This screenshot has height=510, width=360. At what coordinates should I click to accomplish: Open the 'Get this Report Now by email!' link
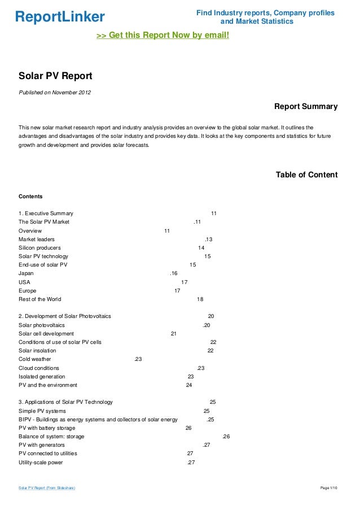[x=163, y=35]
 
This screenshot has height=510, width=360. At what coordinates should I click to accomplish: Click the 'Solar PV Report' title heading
[x=55, y=76]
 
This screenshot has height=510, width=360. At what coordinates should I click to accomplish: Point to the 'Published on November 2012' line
[x=55, y=92]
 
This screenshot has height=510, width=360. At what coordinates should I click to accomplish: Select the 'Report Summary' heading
[x=305, y=106]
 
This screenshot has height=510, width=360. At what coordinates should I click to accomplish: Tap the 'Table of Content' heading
[x=306, y=175]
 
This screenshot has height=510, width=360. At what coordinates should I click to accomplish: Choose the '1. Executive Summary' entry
[x=46, y=213]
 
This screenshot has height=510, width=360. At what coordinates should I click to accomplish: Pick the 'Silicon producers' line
[x=39, y=248]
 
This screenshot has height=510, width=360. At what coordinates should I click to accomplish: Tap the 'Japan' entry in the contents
[x=26, y=273]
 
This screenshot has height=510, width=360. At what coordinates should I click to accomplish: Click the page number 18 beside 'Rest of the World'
[x=200, y=299]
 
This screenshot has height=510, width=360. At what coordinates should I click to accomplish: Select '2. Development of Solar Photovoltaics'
[x=65, y=316]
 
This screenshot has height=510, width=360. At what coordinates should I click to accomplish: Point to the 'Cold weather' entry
[x=34, y=359]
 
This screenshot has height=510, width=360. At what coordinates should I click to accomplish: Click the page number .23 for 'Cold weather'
[x=138, y=359]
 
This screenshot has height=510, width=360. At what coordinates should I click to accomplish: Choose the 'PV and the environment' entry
[x=48, y=385]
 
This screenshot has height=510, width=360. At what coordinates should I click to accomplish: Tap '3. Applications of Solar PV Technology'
[x=65, y=402]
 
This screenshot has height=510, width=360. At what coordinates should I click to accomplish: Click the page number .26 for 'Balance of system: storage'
[x=226, y=437]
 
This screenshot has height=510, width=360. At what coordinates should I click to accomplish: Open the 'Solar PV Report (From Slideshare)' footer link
[x=47, y=487]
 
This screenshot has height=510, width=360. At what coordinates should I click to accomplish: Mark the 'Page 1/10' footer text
[x=328, y=487]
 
